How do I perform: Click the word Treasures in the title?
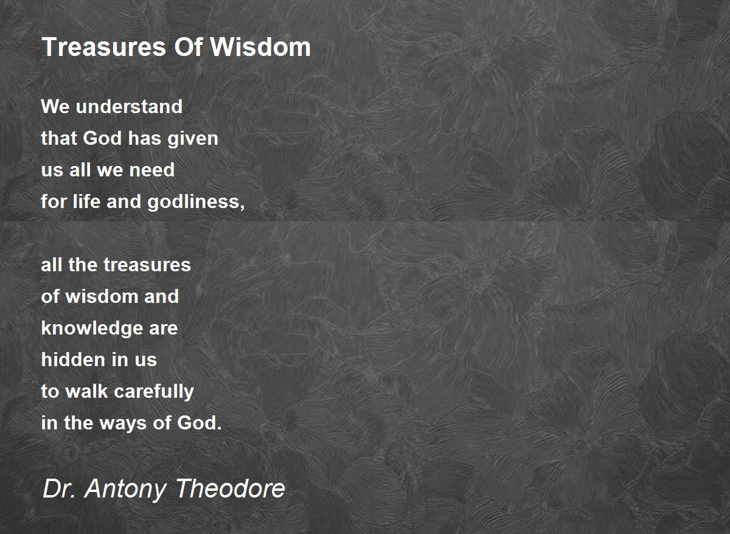(x=104, y=47)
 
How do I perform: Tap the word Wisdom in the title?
(x=260, y=47)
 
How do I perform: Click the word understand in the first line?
(x=129, y=106)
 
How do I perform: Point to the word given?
(x=193, y=139)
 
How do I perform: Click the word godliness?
(x=196, y=203)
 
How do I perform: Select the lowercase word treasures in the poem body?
(x=147, y=265)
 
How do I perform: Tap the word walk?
(x=86, y=391)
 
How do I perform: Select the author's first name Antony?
(x=125, y=490)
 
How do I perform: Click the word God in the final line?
(x=199, y=423)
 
